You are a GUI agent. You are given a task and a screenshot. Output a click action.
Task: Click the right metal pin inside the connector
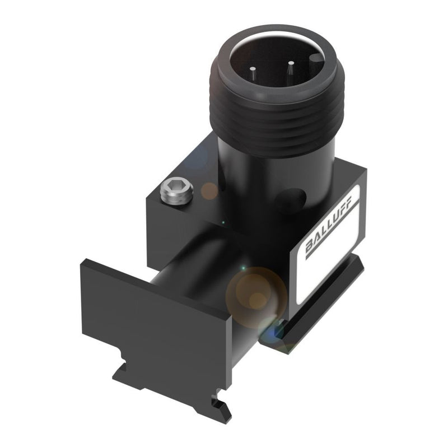point(291,71)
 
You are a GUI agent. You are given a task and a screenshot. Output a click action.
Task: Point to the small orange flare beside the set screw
point(211,191)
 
